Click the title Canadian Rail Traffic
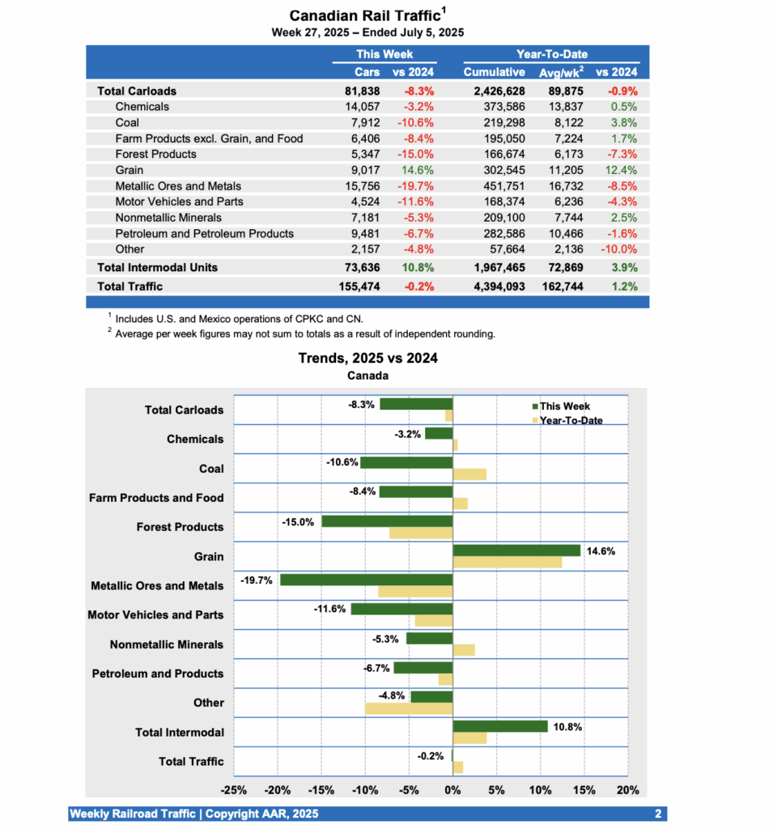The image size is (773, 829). (364, 15)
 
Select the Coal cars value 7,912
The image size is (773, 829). (363, 122)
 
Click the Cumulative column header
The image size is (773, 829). (494, 72)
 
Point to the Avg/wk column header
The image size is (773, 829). (560, 72)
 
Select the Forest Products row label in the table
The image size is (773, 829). (155, 154)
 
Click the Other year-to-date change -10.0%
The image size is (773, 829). (619, 249)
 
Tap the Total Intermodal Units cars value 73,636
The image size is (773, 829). (362, 267)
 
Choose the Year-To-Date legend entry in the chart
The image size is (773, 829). (567, 420)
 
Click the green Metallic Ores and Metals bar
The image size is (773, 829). (366, 580)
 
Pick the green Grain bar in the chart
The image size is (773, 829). (516, 551)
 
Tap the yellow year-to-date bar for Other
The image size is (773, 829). (409, 708)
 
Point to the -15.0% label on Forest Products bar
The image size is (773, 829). (298, 521)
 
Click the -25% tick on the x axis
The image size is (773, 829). (234, 790)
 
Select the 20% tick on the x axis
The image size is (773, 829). (627, 790)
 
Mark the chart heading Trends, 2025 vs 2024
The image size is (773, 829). (367, 358)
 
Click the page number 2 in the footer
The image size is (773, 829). (657, 814)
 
